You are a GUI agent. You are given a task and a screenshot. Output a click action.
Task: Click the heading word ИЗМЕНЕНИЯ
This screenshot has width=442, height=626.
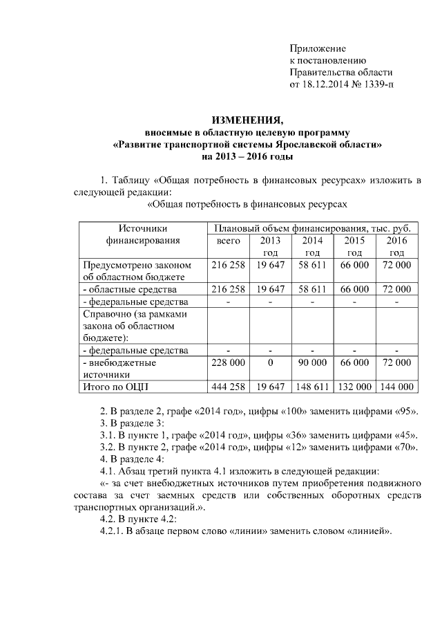click(247, 118)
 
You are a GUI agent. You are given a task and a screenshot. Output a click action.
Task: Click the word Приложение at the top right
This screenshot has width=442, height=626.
click(317, 48)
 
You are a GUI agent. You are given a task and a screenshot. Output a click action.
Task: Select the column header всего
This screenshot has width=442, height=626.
click(228, 241)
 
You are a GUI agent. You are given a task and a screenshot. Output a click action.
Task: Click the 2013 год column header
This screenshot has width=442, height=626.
click(270, 246)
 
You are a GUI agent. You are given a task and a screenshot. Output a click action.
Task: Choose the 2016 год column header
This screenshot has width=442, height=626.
click(396, 246)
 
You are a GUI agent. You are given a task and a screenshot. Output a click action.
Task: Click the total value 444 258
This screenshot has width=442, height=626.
click(228, 387)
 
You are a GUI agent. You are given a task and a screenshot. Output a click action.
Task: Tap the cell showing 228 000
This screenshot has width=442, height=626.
click(228, 362)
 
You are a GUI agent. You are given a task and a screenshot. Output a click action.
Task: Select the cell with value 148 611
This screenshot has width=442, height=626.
click(311, 387)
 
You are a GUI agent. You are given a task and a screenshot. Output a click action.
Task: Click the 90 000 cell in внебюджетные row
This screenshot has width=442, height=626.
click(311, 362)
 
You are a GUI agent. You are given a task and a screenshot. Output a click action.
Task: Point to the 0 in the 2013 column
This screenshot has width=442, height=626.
click(270, 362)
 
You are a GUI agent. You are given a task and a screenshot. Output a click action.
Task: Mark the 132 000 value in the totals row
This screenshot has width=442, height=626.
click(354, 387)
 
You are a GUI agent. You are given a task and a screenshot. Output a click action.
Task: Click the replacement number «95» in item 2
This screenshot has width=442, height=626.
click(405, 410)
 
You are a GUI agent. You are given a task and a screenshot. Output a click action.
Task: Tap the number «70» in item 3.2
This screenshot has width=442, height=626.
click(405, 446)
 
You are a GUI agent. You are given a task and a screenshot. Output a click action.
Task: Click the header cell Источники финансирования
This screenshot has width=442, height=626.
click(143, 234)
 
